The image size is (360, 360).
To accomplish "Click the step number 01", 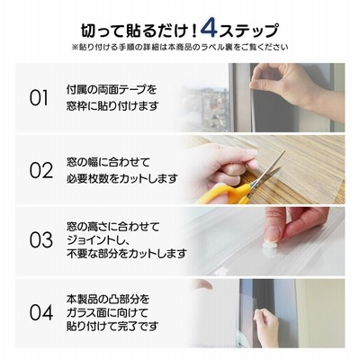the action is point(39,98).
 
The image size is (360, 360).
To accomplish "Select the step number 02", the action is point(41,170).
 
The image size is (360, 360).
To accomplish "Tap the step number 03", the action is point(41,240).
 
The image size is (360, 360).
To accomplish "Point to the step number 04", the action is point(41,312).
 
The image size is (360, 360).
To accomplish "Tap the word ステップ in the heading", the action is point(248,31).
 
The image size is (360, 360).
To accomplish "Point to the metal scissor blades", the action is point(267,171).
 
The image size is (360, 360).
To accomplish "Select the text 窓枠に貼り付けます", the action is point(112,106).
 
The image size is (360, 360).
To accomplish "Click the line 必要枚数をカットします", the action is point(122,178).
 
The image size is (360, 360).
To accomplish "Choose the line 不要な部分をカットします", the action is point(127,254).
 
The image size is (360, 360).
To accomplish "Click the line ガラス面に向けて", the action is point(107,312).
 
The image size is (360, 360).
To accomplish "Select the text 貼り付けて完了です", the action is point(112,327).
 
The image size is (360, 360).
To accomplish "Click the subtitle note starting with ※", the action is point(180,47).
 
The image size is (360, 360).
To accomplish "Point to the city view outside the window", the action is point(207,108).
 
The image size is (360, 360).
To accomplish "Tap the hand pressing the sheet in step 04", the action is point(266,326).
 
